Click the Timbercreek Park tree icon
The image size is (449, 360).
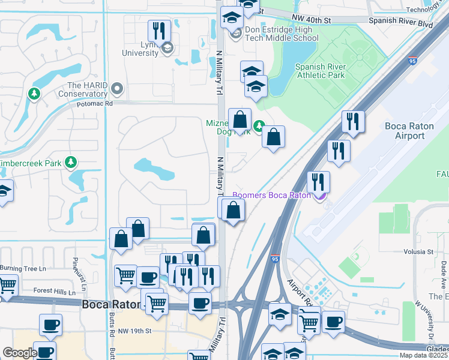(x=71, y=162)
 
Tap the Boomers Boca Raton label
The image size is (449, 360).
(x=271, y=195)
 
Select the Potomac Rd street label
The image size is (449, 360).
(x=95, y=104)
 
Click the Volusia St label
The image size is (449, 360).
(x=418, y=251)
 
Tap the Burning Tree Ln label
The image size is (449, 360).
(x=23, y=268)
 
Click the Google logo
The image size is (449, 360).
(x=20, y=353)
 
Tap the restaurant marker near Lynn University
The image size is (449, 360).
(x=159, y=31)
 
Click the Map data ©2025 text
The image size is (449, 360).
(x=423, y=356)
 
